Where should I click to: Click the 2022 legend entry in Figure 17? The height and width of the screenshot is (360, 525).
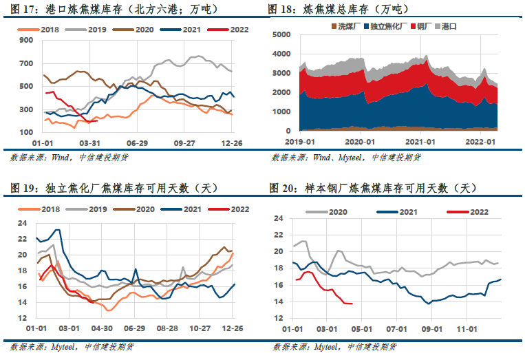[228, 30]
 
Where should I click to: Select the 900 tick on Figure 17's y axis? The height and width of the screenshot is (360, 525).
[26, 40]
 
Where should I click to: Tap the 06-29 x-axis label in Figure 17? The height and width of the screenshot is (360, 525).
[137, 143]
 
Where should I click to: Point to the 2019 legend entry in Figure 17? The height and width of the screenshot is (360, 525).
[86, 30]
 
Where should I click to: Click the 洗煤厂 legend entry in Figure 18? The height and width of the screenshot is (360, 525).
[345, 26]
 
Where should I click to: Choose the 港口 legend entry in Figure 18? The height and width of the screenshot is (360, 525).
[446, 26]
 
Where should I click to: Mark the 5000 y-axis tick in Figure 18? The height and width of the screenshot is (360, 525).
[281, 34]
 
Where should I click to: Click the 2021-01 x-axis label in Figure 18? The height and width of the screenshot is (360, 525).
[420, 142]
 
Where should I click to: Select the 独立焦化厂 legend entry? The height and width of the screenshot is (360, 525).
[385, 26]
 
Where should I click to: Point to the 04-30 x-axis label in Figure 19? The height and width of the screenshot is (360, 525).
[102, 328]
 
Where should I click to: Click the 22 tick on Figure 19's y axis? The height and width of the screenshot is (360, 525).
[23, 239]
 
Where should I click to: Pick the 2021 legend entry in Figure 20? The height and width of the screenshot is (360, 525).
[397, 212]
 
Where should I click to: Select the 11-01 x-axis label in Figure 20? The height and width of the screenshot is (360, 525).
[467, 329]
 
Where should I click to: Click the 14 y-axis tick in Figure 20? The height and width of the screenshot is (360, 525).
[278, 301]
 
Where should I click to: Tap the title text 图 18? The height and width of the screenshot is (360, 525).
[280, 10]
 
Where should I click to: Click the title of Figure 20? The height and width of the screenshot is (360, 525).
[373, 188]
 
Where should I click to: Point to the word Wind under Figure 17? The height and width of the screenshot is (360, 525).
[61, 158]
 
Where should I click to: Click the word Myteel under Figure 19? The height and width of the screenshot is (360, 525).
[63, 347]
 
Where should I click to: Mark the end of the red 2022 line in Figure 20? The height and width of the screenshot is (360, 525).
[352, 304]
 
